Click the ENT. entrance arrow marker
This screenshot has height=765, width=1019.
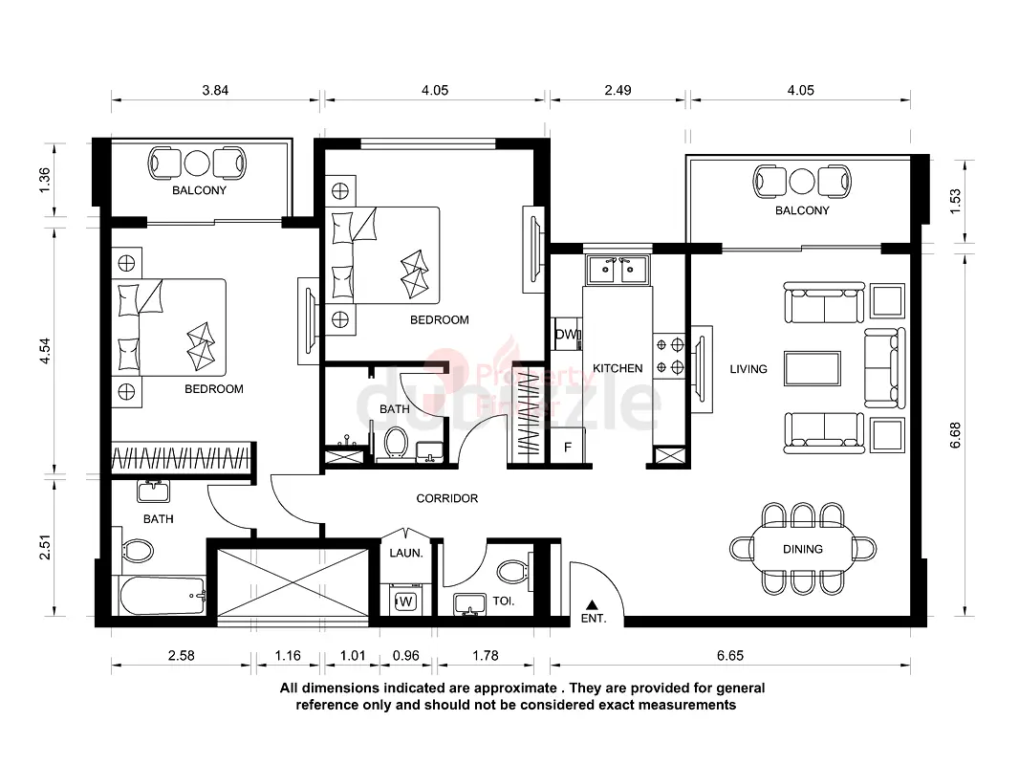click(592, 604)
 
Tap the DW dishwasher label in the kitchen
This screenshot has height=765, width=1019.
click(567, 334)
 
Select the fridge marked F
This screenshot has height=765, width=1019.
click(568, 448)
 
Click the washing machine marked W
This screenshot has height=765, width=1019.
click(405, 601)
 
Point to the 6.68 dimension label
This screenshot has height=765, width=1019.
click(955, 435)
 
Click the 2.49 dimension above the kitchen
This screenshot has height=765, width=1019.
click(618, 90)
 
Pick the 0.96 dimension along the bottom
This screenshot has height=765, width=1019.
click(405, 655)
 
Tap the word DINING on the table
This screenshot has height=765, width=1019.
click(803, 549)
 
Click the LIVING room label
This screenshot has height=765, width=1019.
click(748, 369)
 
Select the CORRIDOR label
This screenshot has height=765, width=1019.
click(447, 498)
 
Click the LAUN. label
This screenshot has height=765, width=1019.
click(406, 553)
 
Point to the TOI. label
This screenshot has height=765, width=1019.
click(504, 601)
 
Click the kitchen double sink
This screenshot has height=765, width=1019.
click(618, 270)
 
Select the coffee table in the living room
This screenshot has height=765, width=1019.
click(813, 368)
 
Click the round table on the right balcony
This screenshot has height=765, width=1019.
click(802, 182)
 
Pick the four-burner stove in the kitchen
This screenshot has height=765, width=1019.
click(669, 356)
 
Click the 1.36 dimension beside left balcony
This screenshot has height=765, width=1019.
click(44, 180)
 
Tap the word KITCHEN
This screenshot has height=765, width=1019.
click(618, 368)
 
